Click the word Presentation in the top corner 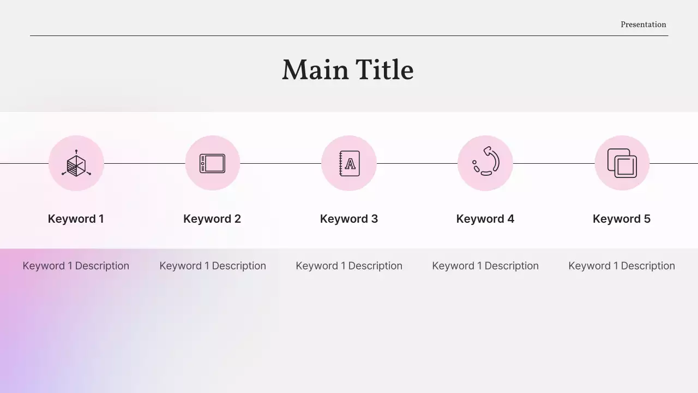(643, 25)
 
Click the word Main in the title (315, 70)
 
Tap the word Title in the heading (384, 70)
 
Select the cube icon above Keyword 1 (76, 163)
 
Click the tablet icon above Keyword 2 (213, 163)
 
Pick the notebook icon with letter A (349, 163)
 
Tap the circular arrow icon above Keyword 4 (485, 162)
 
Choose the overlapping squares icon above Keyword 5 (622, 163)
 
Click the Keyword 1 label (76, 219)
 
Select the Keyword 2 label (212, 219)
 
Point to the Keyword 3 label (349, 219)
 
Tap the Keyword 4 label (485, 219)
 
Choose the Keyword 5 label (622, 219)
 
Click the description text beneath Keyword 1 (76, 266)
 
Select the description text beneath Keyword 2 (213, 266)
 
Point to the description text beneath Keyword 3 (349, 266)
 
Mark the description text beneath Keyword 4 (485, 266)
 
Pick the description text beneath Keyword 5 (622, 266)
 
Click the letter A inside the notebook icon (350, 164)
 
